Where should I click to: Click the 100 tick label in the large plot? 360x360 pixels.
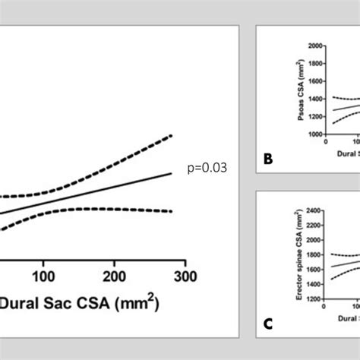(x=44, y=274)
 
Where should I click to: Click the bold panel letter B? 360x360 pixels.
(x=267, y=159)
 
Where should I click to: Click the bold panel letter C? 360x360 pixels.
(x=267, y=324)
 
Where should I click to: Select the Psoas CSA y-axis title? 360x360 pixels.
(x=292, y=90)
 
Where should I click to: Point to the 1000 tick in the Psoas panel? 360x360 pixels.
(x=314, y=134)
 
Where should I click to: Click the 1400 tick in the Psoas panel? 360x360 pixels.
(x=314, y=99)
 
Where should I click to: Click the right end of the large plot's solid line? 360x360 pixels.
(x=172, y=174)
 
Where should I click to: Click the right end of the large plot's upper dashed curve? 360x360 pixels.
(x=172, y=136)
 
